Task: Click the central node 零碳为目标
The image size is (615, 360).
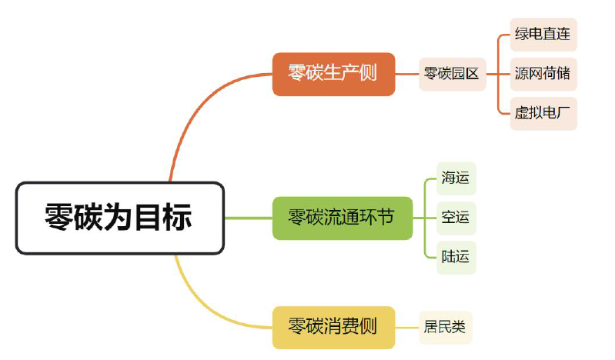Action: [119, 218]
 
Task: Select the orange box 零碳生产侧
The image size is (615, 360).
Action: [333, 74]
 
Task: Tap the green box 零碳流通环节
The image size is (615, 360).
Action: [342, 218]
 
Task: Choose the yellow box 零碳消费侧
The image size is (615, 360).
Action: [333, 327]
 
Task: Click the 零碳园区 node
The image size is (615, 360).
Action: [452, 74]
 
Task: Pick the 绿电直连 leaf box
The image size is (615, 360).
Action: [543, 35]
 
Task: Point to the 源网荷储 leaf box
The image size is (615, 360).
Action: [543, 75]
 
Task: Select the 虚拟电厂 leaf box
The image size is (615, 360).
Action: [543, 113]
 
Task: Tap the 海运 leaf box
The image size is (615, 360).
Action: [456, 178]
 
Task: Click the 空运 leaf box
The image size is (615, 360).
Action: [456, 218]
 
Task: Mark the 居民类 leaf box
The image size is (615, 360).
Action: [444, 327]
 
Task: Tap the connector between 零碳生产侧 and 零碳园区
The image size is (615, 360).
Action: [406, 74]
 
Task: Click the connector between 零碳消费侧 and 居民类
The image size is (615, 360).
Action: [406, 327]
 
